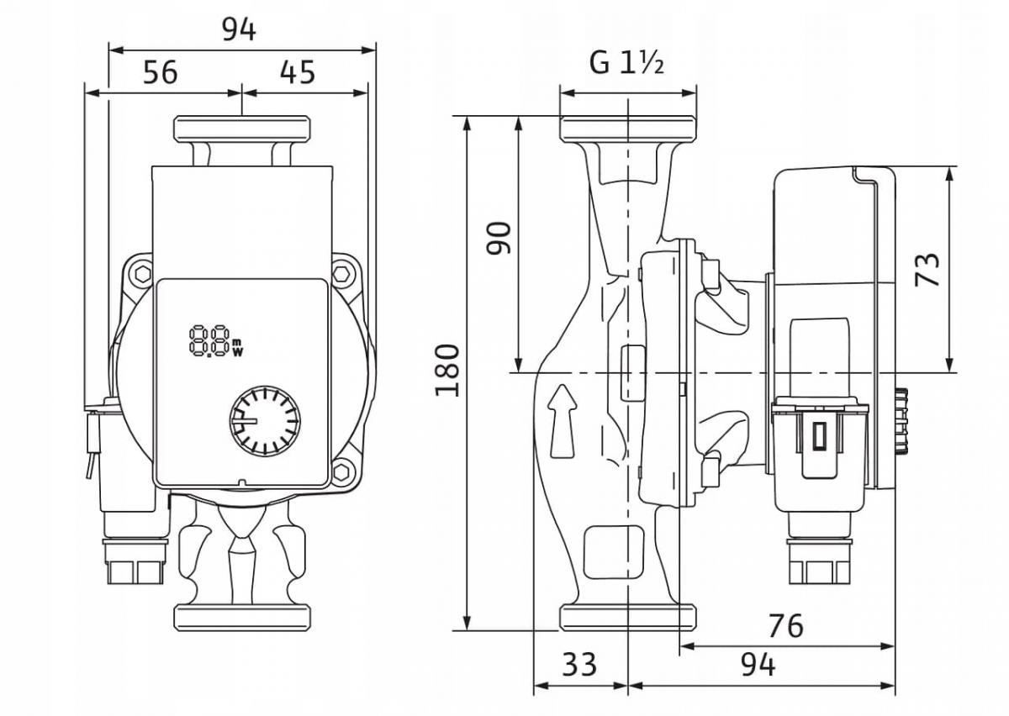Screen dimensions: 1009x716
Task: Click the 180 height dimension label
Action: coord(447,370)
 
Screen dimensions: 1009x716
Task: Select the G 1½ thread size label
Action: coord(626,64)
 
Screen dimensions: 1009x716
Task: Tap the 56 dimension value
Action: coord(161,72)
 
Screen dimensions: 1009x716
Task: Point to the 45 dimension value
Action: coord(298,72)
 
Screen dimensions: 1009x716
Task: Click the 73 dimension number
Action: coord(927,270)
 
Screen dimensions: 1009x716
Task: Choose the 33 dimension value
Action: coord(579,664)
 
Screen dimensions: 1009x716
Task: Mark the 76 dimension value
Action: coord(786,625)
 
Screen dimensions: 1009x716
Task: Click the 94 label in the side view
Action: coord(758,664)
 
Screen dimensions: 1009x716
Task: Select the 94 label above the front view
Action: coord(239,30)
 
